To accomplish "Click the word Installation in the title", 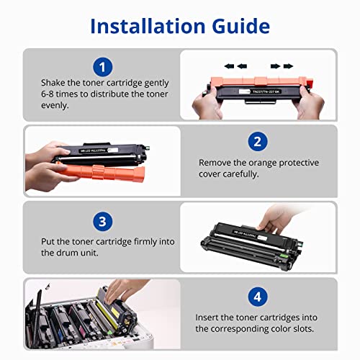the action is tap(148, 26).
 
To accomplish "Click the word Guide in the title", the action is tap(240, 26).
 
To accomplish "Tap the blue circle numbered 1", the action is tap(102, 67).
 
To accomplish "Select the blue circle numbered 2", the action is tap(258, 141).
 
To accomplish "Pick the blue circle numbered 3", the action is tap(102, 221).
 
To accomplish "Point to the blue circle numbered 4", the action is tap(258, 297).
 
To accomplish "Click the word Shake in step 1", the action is tap(53, 83).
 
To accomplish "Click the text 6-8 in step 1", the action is tap(48, 94).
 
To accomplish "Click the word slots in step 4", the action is tap(304, 328).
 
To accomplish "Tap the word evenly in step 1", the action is tap(55, 106).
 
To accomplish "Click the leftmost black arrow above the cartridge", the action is tap(229, 66).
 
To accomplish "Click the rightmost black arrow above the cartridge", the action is tap(288, 66).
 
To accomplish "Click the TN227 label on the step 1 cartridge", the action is tap(266, 91).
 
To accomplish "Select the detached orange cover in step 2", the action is tap(101, 171).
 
